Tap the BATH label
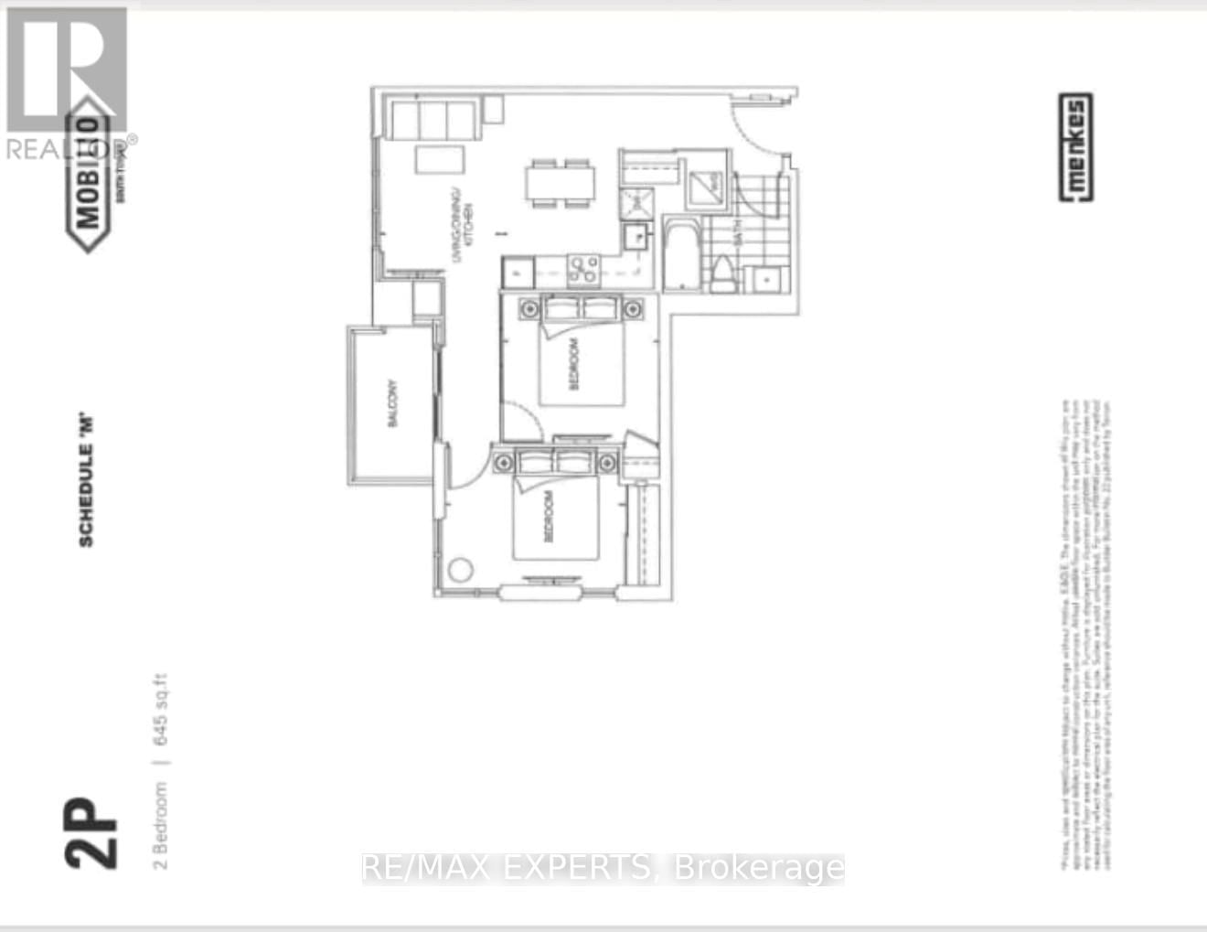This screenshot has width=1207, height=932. pyautogui.click(x=737, y=232)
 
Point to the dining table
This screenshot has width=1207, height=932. pyautogui.click(x=560, y=184)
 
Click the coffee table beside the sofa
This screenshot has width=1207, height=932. pyautogui.click(x=439, y=159)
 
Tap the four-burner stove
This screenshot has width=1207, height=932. pyautogui.click(x=583, y=269)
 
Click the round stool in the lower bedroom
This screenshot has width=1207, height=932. pyautogui.click(x=461, y=570)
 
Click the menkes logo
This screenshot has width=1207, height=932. pyautogui.click(x=1075, y=147)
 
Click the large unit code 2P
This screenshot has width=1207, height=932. pyautogui.click(x=91, y=832)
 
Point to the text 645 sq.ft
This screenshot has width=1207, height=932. pyautogui.click(x=161, y=711)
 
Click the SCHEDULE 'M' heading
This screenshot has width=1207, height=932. pyautogui.click(x=86, y=481)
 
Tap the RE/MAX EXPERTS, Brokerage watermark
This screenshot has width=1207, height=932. pyautogui.click(x=603, y=867)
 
